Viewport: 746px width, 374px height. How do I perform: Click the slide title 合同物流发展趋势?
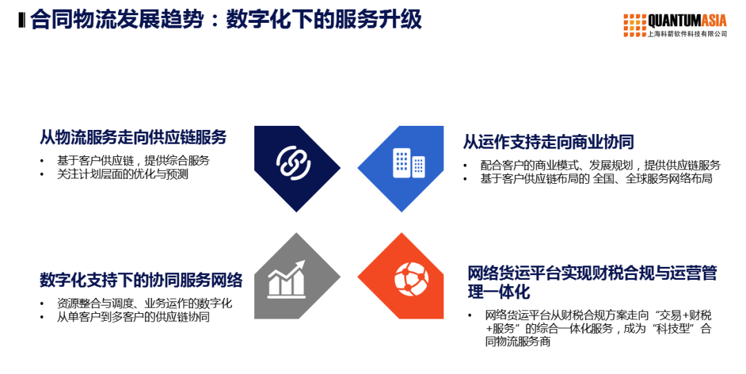(117, 20)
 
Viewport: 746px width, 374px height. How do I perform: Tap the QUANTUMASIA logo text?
(687, 21)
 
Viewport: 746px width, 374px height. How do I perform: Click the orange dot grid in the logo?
(635, 26)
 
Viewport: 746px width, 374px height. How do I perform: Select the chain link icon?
(293, 163)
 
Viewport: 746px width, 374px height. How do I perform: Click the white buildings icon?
(409, 163)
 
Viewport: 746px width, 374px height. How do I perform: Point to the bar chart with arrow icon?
(287, 279)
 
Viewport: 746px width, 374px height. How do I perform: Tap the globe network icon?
(411, 279)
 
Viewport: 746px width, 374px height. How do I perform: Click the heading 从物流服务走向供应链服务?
(133, 137)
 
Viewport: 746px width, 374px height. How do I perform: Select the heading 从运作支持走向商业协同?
(548, 142)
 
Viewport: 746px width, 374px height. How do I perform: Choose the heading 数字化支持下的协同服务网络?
(141, 280)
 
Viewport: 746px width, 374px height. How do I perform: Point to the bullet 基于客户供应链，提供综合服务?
(133, 160)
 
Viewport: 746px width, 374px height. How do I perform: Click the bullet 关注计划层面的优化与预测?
(123, 174)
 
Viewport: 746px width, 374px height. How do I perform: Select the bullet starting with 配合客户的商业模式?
(600, 165)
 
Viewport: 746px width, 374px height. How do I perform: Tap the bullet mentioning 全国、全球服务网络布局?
(596, 178)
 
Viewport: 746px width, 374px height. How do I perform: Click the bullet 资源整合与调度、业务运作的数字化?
(144, 303)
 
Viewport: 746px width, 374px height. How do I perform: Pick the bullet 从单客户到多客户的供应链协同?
(133, 317)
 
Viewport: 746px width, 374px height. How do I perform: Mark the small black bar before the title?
(21, 21)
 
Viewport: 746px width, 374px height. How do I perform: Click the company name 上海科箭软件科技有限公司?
(687, 33)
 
